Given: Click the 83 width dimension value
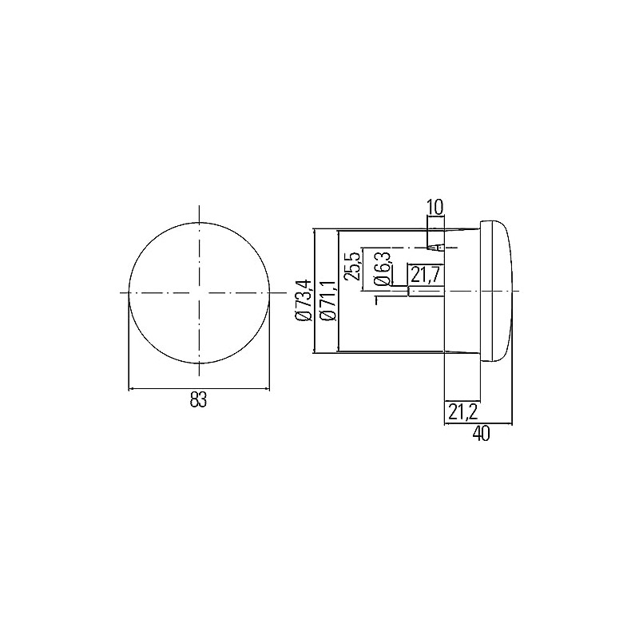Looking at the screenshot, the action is pyautogui.click(x=198, y=400).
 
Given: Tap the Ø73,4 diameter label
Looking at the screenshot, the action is pyautogui.click(x=305, y=300).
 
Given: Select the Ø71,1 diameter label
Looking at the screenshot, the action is pyautogui.click(x=328, y=301).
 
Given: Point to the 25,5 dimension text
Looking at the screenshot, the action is pyautogui.click(x=352, y=266).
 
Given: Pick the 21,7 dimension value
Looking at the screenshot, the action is pyautogui.click(x=425, y=275).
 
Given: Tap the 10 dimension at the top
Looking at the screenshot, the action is pyautogui.click(x=435, y=208).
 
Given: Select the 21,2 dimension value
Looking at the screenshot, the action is pyautogui.click(x=463, y=412).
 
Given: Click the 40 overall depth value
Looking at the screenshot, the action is pyautogui.click(x=482, y=435).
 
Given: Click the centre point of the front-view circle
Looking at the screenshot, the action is pyautogui.click(x=199, y=292).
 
